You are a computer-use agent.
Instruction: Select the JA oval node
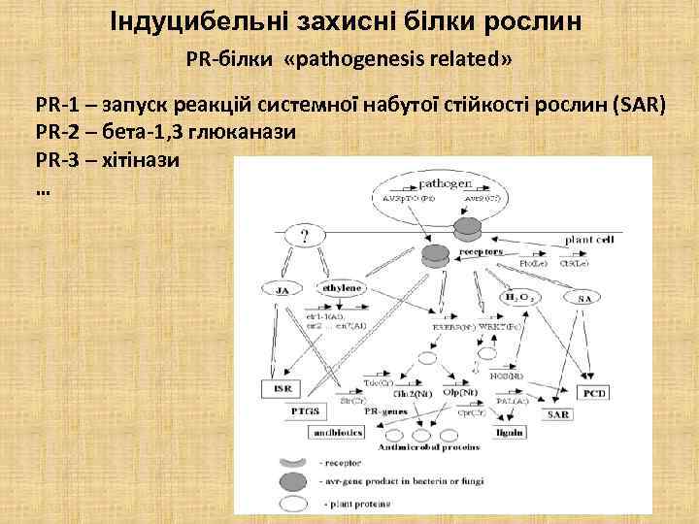[283, 288]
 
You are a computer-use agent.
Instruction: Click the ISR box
[284, 389]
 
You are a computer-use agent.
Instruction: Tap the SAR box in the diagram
[558, 414]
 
